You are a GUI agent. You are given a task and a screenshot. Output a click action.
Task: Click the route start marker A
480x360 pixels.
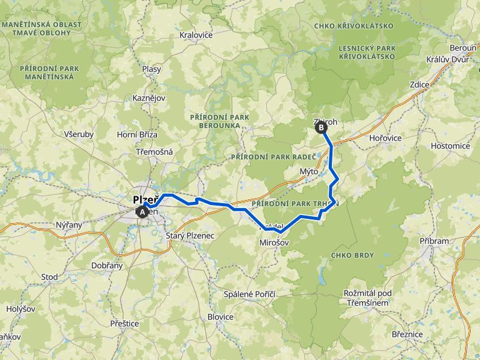pos(143,212)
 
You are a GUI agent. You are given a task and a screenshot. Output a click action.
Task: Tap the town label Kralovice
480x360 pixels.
pos(196,35)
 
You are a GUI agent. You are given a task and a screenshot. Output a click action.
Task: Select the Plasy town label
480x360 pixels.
pos(151,69)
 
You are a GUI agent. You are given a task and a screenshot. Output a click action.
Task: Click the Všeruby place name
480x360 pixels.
pos(79,134)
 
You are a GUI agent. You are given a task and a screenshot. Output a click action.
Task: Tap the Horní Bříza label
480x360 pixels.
pos(137,134)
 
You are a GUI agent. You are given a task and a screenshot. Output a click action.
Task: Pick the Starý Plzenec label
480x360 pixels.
pos(191,236)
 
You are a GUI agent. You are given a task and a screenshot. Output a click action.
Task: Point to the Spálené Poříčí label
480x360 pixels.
pos(250,294)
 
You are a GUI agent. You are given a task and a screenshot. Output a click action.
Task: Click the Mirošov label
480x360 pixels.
pos(276,241)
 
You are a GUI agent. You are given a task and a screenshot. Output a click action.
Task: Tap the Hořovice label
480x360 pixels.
pos(385,137)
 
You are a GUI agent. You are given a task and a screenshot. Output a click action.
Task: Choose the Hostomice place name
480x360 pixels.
pos(450,146)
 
